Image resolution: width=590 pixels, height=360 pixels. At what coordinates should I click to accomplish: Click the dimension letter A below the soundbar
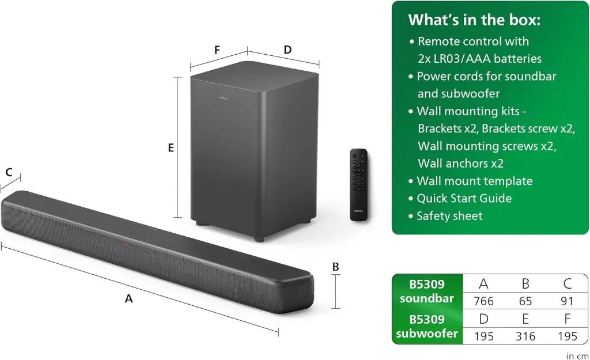coord(128,298)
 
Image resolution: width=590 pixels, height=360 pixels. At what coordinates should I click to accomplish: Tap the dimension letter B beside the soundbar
coord(336,267)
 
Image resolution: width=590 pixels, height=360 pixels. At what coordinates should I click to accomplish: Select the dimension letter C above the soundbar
coord(9,172)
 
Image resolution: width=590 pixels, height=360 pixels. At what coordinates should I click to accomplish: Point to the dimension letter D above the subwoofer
coord(288,50)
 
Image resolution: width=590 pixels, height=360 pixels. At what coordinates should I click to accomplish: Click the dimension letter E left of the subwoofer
coord(171,148)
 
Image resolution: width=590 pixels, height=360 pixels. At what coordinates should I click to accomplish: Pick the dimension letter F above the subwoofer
coord(217,50)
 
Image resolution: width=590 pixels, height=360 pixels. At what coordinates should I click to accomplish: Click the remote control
coord(358,184)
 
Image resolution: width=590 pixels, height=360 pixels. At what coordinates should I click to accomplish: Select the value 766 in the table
coord(484,300)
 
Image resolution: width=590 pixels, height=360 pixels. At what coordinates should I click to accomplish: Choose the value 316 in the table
coord(525,336)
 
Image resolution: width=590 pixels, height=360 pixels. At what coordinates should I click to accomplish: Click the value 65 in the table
coord(525,300)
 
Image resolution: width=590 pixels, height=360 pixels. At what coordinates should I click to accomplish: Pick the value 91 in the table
coord(567,300)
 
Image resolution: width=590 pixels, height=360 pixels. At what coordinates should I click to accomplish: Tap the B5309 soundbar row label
coord(427,291)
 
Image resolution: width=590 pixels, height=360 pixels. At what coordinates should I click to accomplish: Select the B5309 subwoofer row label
coord(427,327)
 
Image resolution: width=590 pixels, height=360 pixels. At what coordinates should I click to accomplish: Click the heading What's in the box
coord(474,20)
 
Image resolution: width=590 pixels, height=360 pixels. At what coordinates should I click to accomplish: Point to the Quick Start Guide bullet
coord(464,198)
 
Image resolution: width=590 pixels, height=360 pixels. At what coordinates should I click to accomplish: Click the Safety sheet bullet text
coord(449,216)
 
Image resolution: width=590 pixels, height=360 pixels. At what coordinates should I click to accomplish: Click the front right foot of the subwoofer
coord(259,237)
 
